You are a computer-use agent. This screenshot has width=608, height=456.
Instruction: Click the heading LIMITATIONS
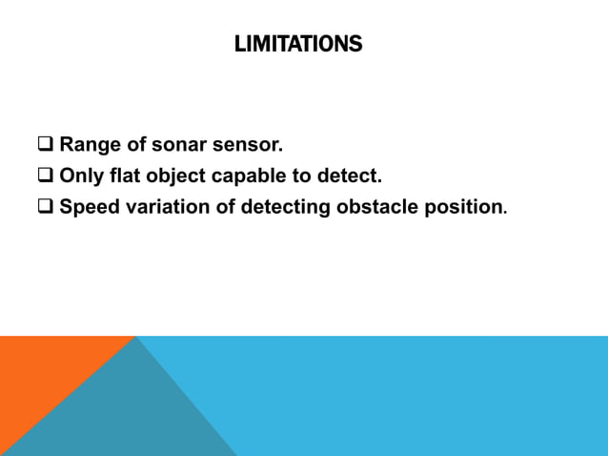pos(298,44)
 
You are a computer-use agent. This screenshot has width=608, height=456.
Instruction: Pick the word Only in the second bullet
pos(80,176)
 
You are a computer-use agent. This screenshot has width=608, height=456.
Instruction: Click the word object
pos(173,176)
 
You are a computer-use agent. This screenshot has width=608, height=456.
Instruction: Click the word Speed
pos(90,207)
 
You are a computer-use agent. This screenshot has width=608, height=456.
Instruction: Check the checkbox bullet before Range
pos(45,146)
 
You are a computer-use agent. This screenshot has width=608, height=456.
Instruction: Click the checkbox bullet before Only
pos(45,176)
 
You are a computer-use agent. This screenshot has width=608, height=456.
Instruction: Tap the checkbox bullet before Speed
pos(45,207)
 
